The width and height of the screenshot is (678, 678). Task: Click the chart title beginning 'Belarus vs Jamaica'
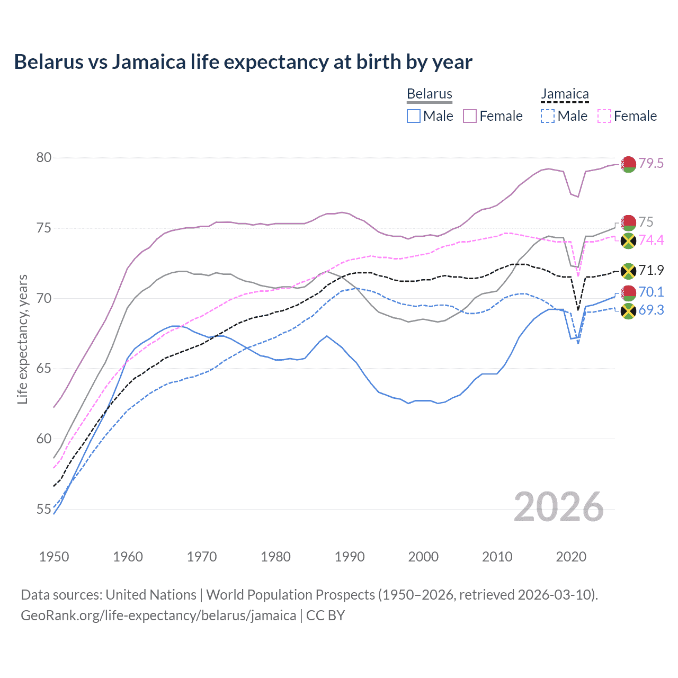243,62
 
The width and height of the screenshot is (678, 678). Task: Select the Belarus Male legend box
414,116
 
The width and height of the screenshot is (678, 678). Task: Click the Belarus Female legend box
470,116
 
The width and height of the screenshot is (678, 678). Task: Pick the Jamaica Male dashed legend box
548,116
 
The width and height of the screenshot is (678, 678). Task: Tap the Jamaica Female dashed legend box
604,116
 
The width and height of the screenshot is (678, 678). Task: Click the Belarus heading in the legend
430,94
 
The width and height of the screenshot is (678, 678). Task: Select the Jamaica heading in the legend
565,94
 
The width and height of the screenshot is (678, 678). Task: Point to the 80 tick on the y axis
44,158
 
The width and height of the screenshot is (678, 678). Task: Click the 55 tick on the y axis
44,510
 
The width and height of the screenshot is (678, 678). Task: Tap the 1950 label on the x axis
54,557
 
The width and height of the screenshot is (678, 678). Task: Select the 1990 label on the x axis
350,557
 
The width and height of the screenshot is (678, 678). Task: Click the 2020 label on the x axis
571,557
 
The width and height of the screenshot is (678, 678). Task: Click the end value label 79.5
651,164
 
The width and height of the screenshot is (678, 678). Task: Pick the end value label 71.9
651,271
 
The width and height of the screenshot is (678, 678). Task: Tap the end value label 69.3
651,310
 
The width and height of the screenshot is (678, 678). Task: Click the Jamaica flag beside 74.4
628,241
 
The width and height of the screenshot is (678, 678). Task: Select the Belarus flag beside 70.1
628,292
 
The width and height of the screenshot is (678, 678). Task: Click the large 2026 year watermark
559,507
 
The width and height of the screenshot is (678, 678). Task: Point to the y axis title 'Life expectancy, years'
23,339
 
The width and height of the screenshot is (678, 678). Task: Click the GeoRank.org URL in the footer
158,615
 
